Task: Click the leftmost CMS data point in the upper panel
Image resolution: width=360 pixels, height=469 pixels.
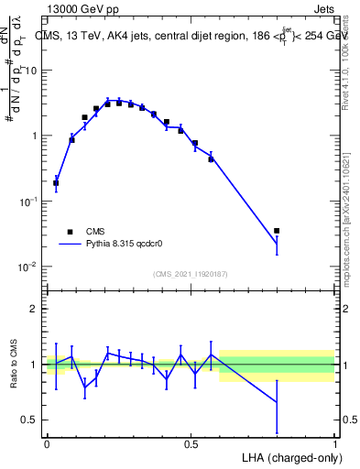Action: (56, 183)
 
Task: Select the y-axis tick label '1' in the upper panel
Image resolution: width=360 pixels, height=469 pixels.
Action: (33, 136)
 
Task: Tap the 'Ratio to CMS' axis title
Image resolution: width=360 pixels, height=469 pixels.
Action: (14, 365)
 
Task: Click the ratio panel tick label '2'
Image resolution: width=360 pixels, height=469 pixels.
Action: (33, 310)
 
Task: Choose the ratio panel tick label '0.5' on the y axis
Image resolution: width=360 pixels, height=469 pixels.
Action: (27, 420)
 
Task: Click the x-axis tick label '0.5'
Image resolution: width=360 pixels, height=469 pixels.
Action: (191, 443)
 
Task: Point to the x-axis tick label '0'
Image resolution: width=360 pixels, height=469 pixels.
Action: (46, 443)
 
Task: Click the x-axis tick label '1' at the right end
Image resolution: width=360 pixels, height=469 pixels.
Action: (335, 443)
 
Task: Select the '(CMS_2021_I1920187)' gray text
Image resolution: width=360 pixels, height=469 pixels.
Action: (190, 274)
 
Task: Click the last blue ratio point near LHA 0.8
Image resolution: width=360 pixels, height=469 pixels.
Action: (277, 402)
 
